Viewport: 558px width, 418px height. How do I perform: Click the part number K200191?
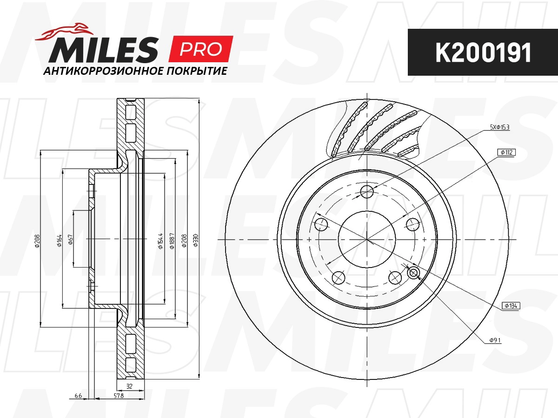(483, 53)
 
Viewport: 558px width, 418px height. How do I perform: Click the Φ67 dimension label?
(70, 239)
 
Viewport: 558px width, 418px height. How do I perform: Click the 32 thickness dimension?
(129, 386)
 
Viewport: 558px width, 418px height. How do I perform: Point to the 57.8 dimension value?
(119, 396)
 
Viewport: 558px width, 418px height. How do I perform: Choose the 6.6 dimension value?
(78, 396)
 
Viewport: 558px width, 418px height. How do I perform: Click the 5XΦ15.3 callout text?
(499, 127)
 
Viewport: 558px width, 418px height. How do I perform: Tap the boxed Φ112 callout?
(506, 152)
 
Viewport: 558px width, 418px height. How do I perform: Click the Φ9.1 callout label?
(494, 340)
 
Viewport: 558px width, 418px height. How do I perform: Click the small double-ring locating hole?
(413, 273)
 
